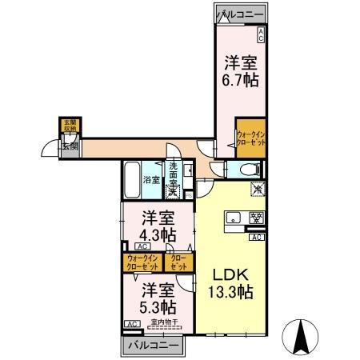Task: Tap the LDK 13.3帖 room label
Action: (232, 282)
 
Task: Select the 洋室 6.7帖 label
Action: (240, 70)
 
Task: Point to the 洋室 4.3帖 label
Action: (158, 226)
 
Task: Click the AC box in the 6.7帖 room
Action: (260, 34)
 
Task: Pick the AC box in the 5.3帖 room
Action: (130, 324)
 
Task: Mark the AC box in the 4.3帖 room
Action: (130, 247)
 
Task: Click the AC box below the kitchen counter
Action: (257, 238)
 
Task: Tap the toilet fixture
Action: (246, 169)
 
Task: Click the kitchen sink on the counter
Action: (236, 218)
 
